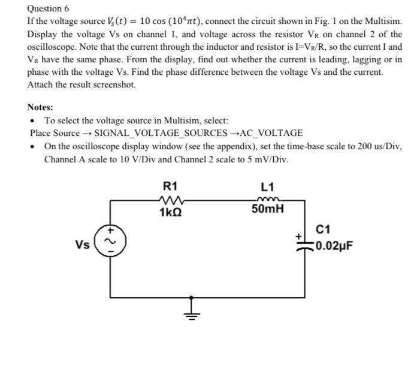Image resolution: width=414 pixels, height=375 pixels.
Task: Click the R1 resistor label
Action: [170, 185]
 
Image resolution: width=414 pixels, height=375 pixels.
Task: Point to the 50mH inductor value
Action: [267, 210]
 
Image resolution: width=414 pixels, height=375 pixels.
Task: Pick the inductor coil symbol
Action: [267, 199]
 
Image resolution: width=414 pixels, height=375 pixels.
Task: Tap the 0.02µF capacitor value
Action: [334, 245]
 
